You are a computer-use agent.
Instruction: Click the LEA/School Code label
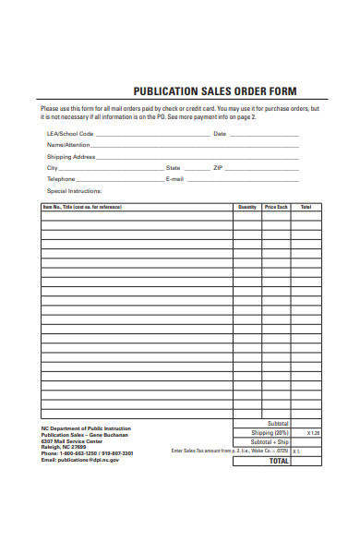click(68, 134)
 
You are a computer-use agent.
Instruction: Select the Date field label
click(220, 134)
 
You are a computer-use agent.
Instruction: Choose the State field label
click(173, 167)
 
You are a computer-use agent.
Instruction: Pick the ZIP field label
click(217, 167)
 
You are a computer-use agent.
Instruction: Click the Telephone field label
click(61, 178)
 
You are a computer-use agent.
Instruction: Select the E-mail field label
click(174, 178)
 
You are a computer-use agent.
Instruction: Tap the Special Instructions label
click(74, 190)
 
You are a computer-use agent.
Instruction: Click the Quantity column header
click(246, 207)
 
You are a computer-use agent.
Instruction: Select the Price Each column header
click(276, 207)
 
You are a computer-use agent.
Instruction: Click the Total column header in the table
click(306, 207)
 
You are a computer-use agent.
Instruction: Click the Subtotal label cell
click(276, 423)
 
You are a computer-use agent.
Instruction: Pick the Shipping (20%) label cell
click(270, 432)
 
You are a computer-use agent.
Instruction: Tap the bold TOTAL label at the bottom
click(278, 461)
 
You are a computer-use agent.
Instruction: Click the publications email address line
click(80, 459)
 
